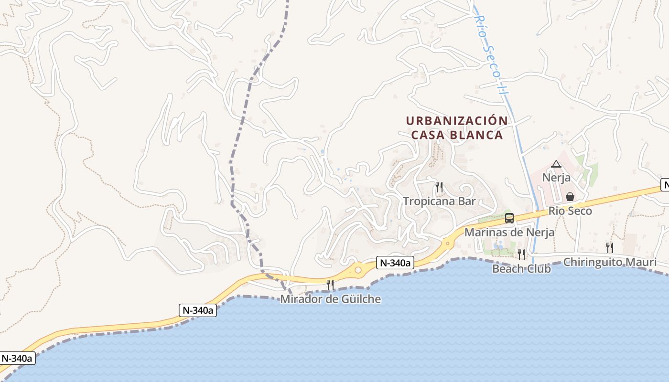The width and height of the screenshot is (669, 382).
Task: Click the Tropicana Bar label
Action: point(439,201)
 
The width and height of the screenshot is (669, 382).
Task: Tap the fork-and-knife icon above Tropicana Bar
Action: point(439,187)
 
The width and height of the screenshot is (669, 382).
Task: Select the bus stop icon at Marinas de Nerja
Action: point(509,218)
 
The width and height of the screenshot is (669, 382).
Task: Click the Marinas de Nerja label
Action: point(509,233)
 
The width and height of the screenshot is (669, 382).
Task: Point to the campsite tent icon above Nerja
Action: point(556,164)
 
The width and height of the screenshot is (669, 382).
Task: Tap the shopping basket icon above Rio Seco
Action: point(570,197)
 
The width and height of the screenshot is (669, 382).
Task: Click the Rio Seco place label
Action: point(570,211)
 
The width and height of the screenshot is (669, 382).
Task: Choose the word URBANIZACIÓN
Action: point(456,121)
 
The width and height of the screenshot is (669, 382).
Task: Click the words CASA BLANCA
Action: point(457,135)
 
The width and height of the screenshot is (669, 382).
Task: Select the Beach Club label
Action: point(521,269)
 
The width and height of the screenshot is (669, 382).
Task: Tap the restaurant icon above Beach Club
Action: point(521,254)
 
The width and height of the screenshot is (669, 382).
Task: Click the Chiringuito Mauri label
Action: point(609,262)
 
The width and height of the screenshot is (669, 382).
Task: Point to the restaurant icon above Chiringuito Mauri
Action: point(609,247)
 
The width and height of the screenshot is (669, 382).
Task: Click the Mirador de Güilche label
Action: point(330,299)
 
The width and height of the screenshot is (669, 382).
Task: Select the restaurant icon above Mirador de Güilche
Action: point(330,285)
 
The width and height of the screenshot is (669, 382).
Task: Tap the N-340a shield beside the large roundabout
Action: point(395,263)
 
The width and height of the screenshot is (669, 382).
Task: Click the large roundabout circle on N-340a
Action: point(358,270)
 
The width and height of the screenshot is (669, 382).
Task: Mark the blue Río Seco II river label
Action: point(490,53)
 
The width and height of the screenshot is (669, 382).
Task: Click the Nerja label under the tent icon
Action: point(556,178)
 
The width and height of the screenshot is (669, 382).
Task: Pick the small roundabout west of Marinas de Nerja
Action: point(448,243)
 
